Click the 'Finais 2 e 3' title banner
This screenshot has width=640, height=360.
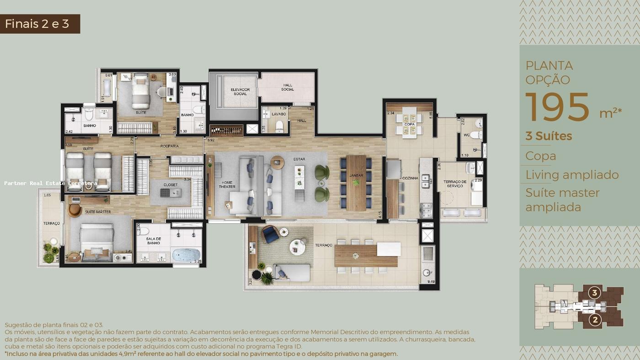pyautogui.click(x=40, y=24)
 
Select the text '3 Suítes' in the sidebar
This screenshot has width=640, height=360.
pyautogui.click(x=549, y=136)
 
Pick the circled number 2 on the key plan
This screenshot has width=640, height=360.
pyautogui.click(x=595, y=320)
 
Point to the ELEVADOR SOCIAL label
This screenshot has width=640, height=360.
pyautogui.click(x=240, y=92)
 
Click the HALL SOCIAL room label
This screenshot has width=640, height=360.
pyautogui.click(x=288, y=87)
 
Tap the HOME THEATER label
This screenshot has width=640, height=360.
pyautogui.click(x=227, y=185)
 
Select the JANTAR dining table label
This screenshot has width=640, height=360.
pyautogui.click(x=356, y=175)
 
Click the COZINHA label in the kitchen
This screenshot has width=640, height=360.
pyautogui.click(x=410, y=178)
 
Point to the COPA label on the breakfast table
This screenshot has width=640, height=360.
pyautogui.click(x=409, y=124)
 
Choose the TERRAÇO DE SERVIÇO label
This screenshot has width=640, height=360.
pyautogui.click(x=455, y=184)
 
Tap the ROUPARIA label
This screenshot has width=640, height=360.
pyautogui.click(x=169, y=146)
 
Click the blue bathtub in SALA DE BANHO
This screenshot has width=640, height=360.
pyautogui.click(x=186, y=254)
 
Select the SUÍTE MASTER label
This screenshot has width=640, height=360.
pyautogui.click(x=97, y=212)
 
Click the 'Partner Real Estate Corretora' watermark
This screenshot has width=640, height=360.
pyautogui.click(x=50, y=183)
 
